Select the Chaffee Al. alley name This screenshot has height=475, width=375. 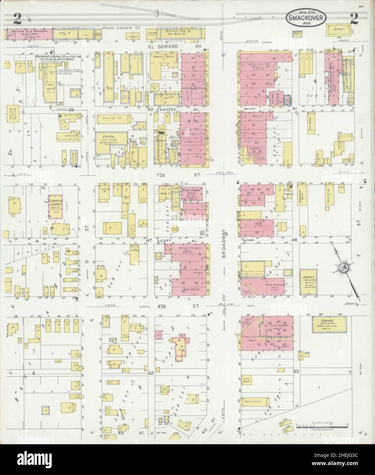click(x=171, y=109)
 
